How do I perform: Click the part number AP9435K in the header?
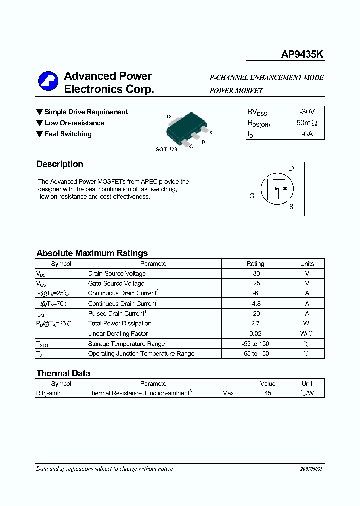coord(302,55)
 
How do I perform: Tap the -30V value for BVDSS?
coord(306,112)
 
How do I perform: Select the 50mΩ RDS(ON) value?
coord(306,123)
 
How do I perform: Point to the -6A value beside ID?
coord(306,134)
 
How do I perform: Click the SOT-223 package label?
coord(166,149)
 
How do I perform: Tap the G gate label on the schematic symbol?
coord(252,196)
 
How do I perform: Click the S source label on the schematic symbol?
coord(291,207)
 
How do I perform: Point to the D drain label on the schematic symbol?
coord(291,168)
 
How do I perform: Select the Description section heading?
coord(60,164)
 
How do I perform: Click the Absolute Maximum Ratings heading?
coord(92,253)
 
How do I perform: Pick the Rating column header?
coord(255,264)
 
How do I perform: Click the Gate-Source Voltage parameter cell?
coord(116,284)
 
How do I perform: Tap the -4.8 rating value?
coord(255,304)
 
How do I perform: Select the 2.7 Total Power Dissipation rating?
coord(255,324)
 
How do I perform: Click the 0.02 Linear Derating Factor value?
coord(255,334)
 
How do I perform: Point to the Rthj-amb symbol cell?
coord(48,393)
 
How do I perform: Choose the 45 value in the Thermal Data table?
coord(268,393)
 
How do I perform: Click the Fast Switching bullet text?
coord(68,134)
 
